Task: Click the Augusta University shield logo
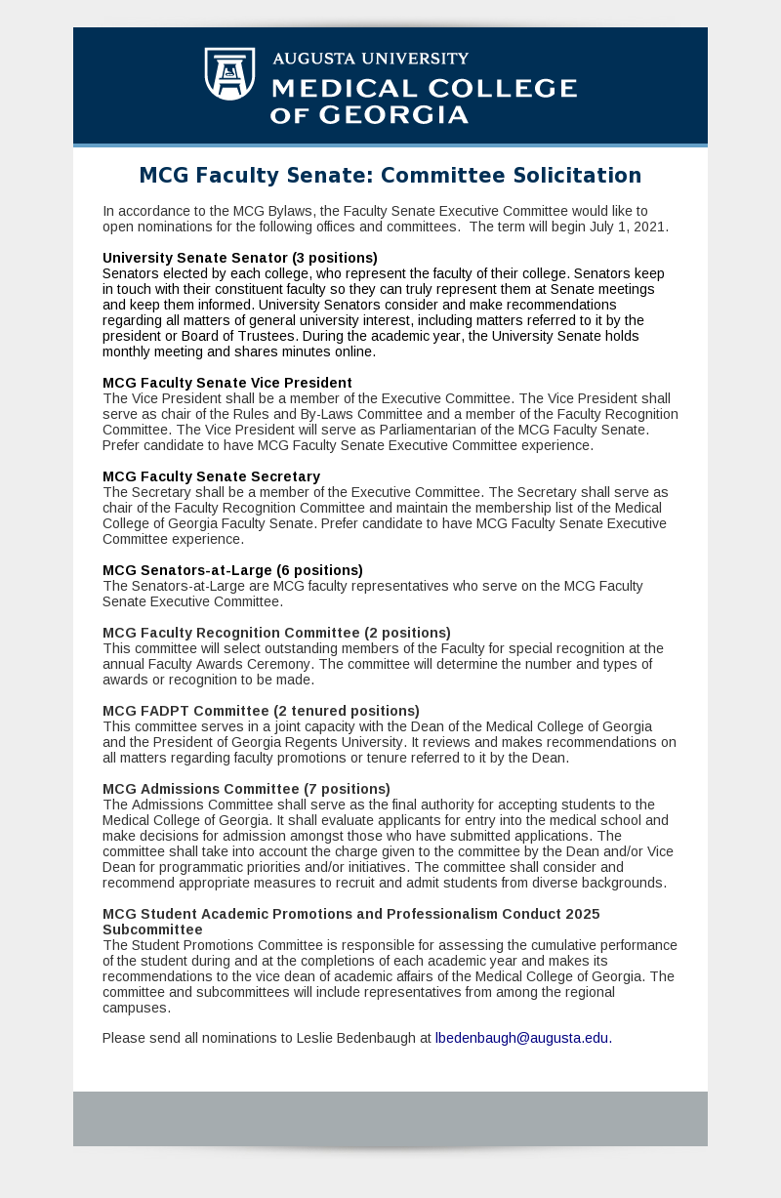point(229,73)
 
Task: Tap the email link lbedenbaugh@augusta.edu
point(521,1038)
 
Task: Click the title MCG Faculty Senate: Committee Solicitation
point(390,176)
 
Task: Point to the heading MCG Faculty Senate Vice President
point(227,383)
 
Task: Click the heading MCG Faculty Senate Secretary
point(212,476)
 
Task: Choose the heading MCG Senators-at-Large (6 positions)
point(232,570)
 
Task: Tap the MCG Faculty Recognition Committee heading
point(276,633)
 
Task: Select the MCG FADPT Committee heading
point(261,711)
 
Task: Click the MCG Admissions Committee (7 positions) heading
point(246,789)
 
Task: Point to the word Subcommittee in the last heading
point(152,929)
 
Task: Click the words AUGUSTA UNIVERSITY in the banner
point(370,59)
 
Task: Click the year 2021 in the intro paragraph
point(648,227)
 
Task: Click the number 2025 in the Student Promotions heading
point(581,914)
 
